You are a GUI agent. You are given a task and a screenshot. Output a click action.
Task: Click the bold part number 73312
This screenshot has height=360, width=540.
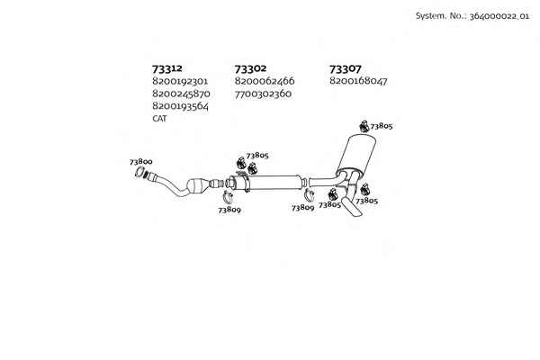click(x=167, y=68)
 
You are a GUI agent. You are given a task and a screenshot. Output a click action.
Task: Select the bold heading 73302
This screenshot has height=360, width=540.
click(x=250, y=68)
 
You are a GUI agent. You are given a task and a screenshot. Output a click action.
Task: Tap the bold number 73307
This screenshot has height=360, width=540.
click(x=345, y=69)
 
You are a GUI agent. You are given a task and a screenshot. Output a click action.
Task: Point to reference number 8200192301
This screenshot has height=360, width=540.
click(x=180, y=81)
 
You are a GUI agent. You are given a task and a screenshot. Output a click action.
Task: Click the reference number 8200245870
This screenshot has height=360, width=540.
click(x=181, y=94)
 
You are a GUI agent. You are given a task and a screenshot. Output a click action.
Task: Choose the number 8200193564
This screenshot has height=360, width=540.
click(x=181, y=106)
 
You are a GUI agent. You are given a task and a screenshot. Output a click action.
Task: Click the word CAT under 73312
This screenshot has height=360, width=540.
click(x=159, y=119)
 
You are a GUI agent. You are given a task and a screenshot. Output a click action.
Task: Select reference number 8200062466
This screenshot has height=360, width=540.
click(x=265, y=81)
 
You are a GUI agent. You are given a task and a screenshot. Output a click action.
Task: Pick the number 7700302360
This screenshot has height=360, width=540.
click(x=263, y=94)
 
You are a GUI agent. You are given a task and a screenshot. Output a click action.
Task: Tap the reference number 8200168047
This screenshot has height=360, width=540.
click(x=358, y=81)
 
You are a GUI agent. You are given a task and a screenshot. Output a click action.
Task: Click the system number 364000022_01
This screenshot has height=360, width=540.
click(x=499, y=16)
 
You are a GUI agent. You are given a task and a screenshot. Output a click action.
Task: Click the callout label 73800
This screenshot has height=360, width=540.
click(x=141, y=161)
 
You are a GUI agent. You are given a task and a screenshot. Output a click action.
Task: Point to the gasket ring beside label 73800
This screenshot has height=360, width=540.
click(x=139, y=172)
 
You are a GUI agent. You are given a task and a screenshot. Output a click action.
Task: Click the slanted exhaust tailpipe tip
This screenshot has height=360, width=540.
click(x=352, y=207)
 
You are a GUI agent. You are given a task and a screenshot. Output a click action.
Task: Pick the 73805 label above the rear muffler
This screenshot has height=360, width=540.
click(x=382, y=126)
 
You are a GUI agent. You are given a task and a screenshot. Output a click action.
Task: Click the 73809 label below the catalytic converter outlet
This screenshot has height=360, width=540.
click(x=229, y=210)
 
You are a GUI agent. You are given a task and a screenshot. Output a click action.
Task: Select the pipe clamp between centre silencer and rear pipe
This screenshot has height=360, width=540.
click(x=309, y=195)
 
